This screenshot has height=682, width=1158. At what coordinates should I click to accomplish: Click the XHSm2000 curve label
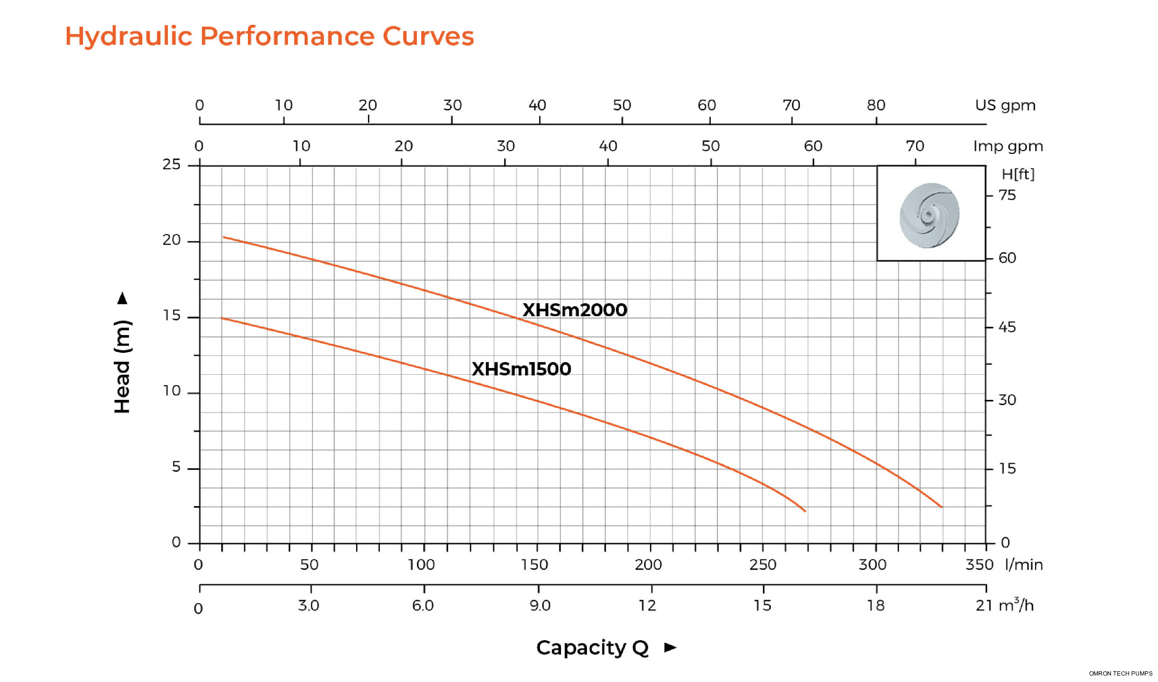[x=574, y=310]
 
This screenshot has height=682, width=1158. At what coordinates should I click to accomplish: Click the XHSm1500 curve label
[x=521, y=369]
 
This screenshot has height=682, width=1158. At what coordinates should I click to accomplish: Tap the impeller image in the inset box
[x=929, y=215]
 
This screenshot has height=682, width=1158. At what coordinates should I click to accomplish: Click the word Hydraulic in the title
[x=128, y=36]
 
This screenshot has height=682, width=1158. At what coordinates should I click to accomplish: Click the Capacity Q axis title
[x=592, y=648]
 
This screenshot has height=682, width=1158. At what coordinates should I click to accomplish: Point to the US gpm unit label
[x=1005, y=105]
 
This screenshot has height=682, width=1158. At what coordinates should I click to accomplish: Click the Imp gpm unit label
[x=1008, y=146]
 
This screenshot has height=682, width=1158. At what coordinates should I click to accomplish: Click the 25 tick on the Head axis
[x=172, y=164]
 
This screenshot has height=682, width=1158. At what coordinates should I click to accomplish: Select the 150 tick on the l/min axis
[x=534, y=564]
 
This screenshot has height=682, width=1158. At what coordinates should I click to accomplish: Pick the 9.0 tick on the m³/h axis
[x=540, y=605]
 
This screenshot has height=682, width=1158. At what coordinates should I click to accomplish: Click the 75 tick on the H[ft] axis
[x=1007, y=195]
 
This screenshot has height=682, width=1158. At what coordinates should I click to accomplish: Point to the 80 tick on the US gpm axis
[x=876, y=105]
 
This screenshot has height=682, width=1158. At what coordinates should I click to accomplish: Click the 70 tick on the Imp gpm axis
[x=915, y=146]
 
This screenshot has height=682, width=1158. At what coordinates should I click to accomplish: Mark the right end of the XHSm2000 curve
[x=941, y=507]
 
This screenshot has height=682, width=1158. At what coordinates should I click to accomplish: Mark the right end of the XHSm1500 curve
[x=805, y=511]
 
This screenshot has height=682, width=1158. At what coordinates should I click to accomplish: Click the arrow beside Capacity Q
[x=670, y=648]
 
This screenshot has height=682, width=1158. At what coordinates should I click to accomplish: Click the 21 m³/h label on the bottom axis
[x=1004, y=605]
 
